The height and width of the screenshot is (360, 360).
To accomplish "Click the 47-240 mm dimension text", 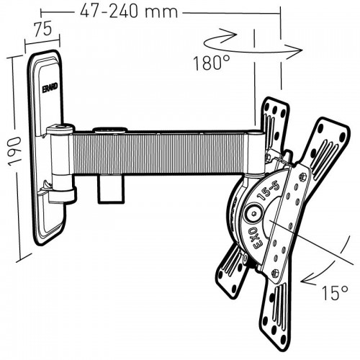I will pos(120,12).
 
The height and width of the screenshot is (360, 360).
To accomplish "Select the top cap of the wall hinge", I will pos(58,130).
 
